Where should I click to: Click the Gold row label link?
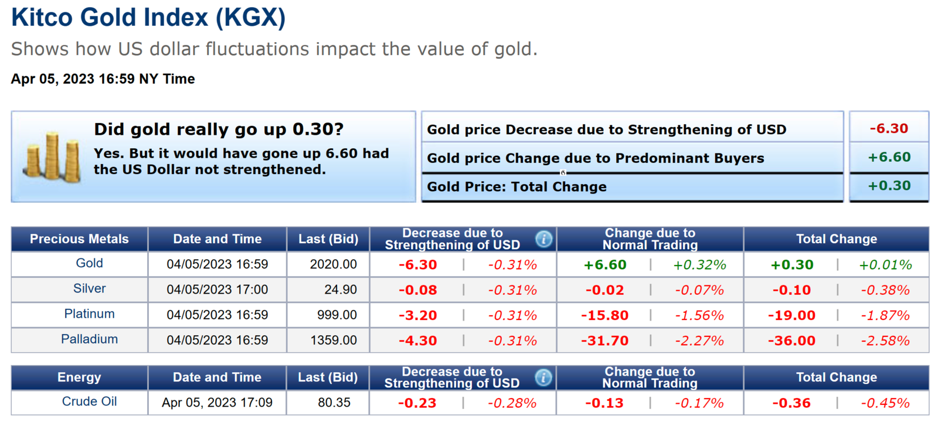click(x=89, y=263)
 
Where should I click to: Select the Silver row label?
click(x=89, y=288)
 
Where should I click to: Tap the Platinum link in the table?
click(x=89, y=314)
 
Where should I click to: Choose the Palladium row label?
click(x=89, y=339)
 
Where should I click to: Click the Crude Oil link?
click(x=89, y=401)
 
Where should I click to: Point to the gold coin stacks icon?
click(x=52, y=157)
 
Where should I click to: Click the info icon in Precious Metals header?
click(x=543, y=239)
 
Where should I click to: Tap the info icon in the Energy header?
click(x=543, y=378)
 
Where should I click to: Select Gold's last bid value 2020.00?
click(x=333, y=264)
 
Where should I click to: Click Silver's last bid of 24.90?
click(x=341, y=290)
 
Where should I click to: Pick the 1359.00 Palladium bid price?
click(x=333, y=340)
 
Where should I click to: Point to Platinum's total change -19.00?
click(x=791, y=315)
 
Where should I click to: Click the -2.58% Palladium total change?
click(x=885, y=341)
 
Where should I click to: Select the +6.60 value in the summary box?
click(x=889, y=157)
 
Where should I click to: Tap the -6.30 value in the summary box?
click(x=889, y=128)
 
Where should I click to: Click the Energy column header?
click(x=79, y=377)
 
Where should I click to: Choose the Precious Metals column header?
click(x=79, y=239)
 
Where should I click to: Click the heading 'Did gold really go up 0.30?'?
click(x=219, y=129)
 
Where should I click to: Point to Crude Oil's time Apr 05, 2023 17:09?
click(x=217, y=403)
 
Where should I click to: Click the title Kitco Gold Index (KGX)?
click(x=148, y=17)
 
